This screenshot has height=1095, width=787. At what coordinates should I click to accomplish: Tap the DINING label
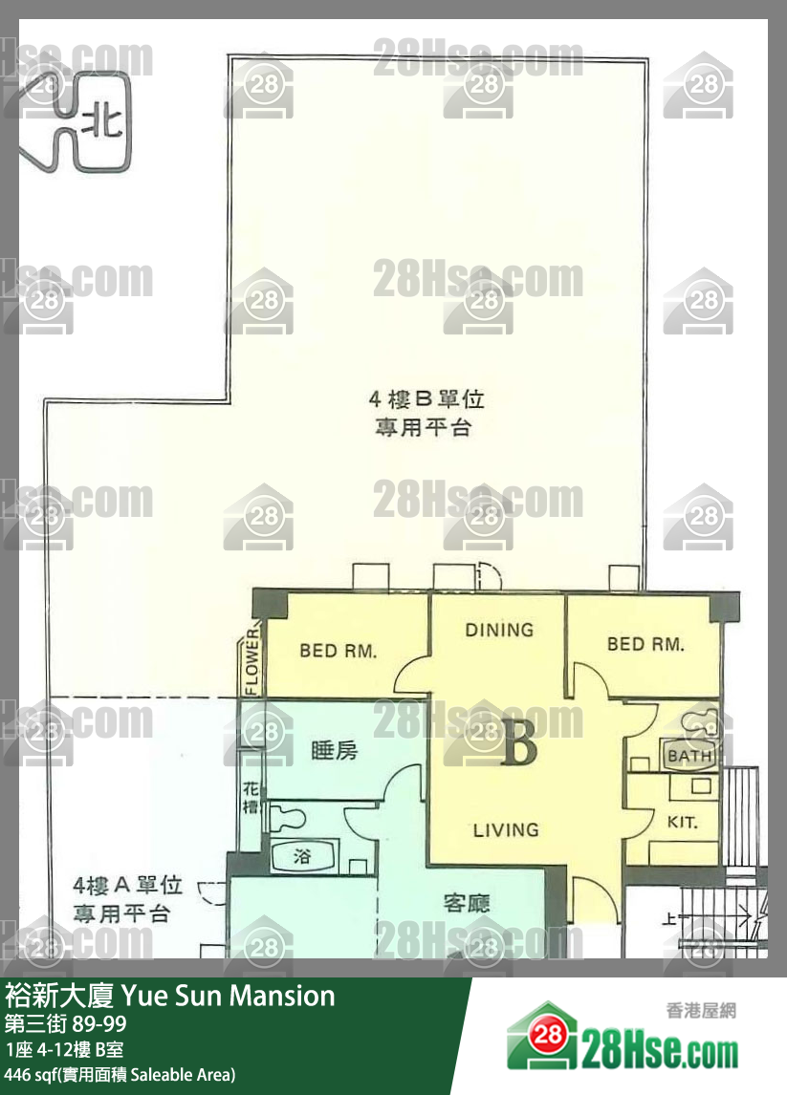point(498,630)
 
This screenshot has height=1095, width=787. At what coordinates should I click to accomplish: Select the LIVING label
point(506,829)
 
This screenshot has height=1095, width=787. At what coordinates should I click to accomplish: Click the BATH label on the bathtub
point(690,756)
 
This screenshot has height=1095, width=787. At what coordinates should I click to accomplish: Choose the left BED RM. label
point(338,652)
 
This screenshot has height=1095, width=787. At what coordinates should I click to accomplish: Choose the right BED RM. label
point(645,644)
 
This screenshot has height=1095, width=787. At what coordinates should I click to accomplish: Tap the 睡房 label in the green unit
point(334,751)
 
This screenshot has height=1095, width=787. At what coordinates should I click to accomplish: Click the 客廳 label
point(468,902)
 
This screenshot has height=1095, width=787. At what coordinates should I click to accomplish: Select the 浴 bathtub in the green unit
point(302,857)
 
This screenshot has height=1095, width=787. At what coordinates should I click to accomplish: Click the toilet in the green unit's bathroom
point(285,818)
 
